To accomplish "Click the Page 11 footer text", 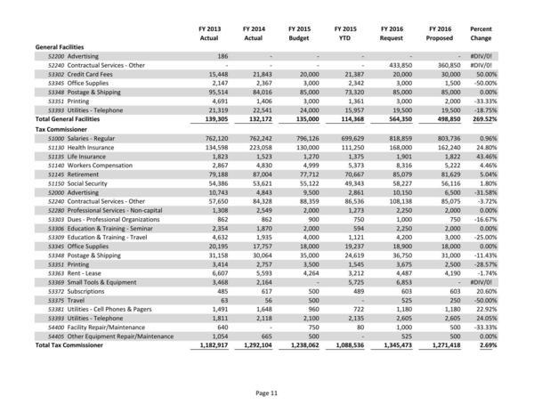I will pyautogui.click(x=267, y=393).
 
